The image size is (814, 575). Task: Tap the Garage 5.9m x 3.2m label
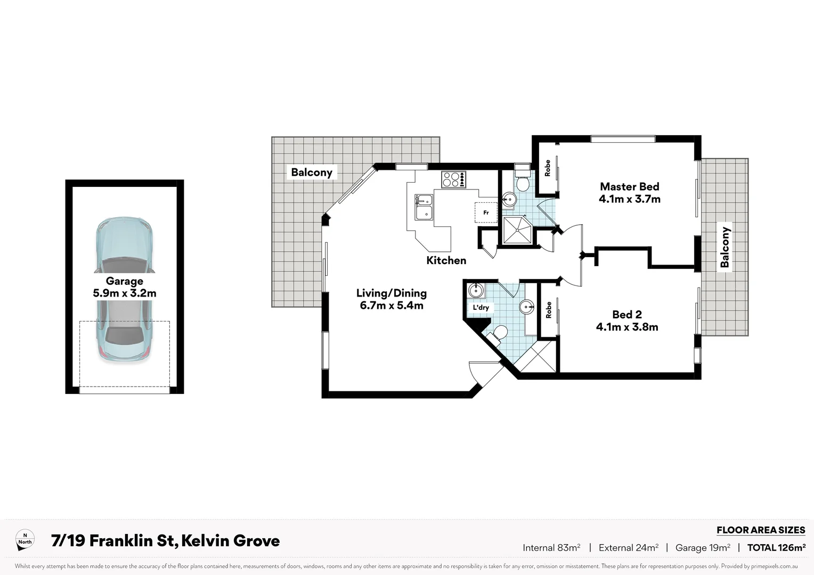(124, 287)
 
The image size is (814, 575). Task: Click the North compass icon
(25, 540)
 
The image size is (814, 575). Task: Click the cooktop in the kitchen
(453, 179)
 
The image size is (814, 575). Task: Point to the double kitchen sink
(424, 207)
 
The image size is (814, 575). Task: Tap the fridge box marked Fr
(486, 212)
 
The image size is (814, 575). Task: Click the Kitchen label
(446, 260)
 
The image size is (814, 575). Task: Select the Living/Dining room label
(392, 299)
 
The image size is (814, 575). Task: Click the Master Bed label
(629, 193)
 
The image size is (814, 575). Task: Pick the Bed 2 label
(627, 321)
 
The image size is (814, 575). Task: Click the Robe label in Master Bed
(547, 168)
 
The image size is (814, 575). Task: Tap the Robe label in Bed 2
(548, 310)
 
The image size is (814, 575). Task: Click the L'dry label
(481, 307)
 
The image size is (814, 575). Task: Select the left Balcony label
(312, 172)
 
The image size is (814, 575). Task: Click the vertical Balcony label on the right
(725, 247)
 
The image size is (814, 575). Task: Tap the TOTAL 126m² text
(776, 547)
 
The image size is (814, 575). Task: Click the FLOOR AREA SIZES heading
(760, 530)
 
